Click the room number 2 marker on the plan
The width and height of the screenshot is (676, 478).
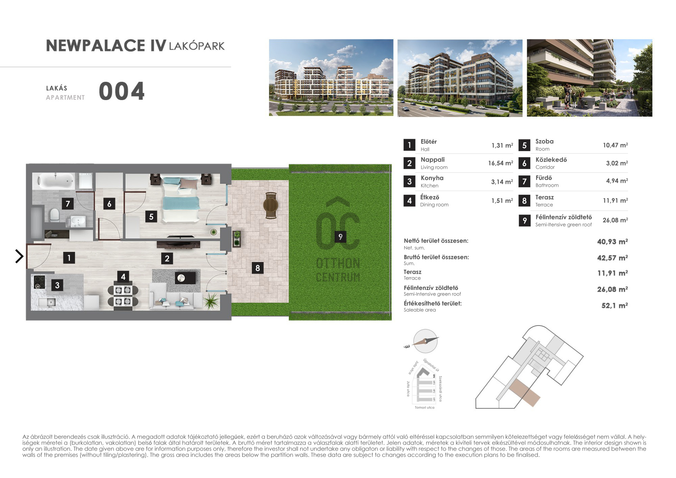point(167,259)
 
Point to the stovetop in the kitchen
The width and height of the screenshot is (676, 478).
point(39,281)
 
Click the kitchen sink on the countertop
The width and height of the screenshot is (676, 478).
point(50,302)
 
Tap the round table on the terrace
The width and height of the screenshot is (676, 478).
point(271,205)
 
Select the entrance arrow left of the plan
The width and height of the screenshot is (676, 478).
point(19,256)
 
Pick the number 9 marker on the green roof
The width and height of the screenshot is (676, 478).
point(340,237)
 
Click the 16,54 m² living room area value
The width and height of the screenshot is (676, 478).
point(500,163)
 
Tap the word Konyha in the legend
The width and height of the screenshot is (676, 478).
point(432,178)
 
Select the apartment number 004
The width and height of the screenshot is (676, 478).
point(122,91)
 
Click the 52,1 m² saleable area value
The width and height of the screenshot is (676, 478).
point(614,305)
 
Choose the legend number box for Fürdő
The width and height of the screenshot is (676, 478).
point(524,181)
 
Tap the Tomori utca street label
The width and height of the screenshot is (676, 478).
point(425,408)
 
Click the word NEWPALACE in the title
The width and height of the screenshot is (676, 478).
point(95,46)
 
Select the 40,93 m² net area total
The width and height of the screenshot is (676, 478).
point(612,242)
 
